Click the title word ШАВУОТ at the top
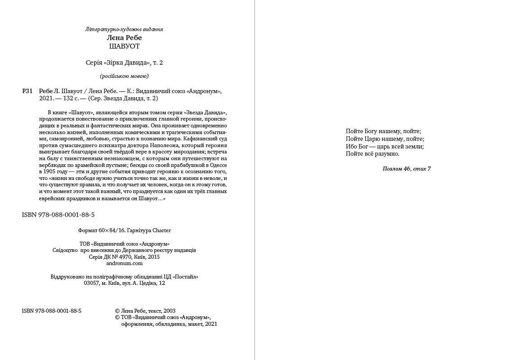124,46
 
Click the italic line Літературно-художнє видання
124,29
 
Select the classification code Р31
27,91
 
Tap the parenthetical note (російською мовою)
124,76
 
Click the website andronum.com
124,264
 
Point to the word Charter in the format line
162,230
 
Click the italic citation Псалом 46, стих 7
406,169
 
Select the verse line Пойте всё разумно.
373,154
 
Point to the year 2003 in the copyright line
170,311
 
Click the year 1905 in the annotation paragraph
49,172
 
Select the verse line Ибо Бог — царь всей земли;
385,146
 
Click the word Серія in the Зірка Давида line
93,63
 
